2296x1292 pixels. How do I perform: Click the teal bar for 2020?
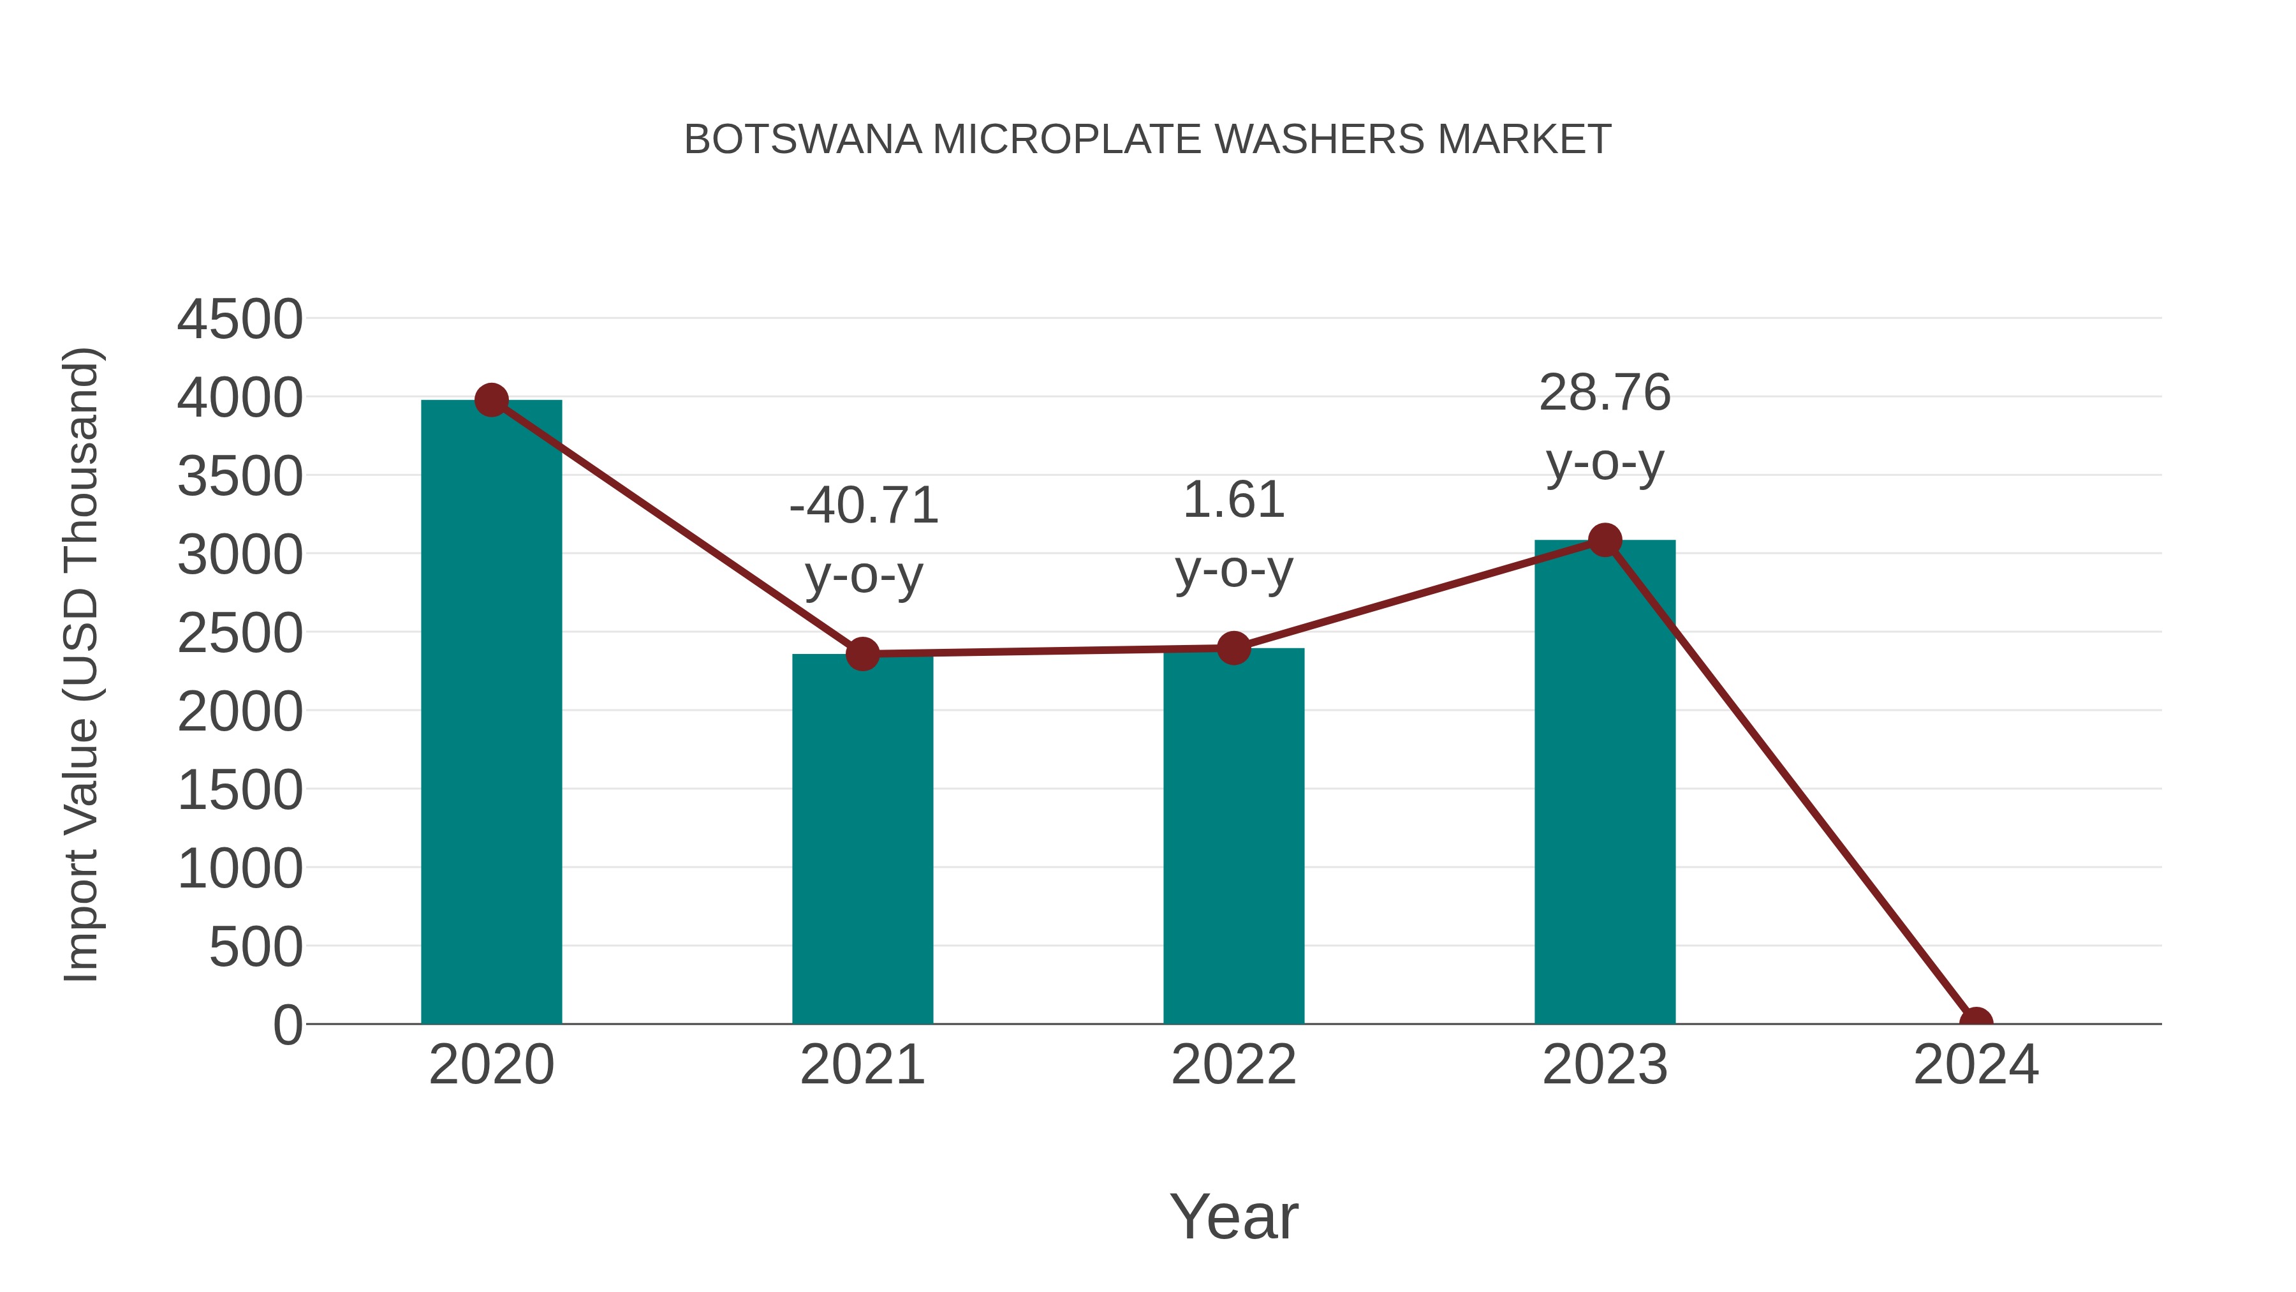tap(491, 713)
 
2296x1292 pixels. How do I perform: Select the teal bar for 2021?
tap(862, 838)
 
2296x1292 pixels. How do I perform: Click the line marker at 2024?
tap(1976, 1022)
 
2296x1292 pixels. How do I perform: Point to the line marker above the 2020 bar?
tap(491, 400)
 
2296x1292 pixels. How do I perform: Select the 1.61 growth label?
tap(1233, 500)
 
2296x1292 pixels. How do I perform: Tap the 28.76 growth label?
tap(1605, 393)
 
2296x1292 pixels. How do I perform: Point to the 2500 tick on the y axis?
tap(240, 634)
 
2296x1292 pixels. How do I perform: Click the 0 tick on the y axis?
tap(288, 1025)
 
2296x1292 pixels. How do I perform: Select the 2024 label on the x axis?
tap(1976, 1065)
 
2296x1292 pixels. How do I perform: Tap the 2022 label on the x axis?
tap(1233, 1065)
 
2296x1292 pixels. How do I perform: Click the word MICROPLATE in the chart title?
tap(1067, 140)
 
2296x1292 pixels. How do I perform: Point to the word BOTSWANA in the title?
tap(802, 140)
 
